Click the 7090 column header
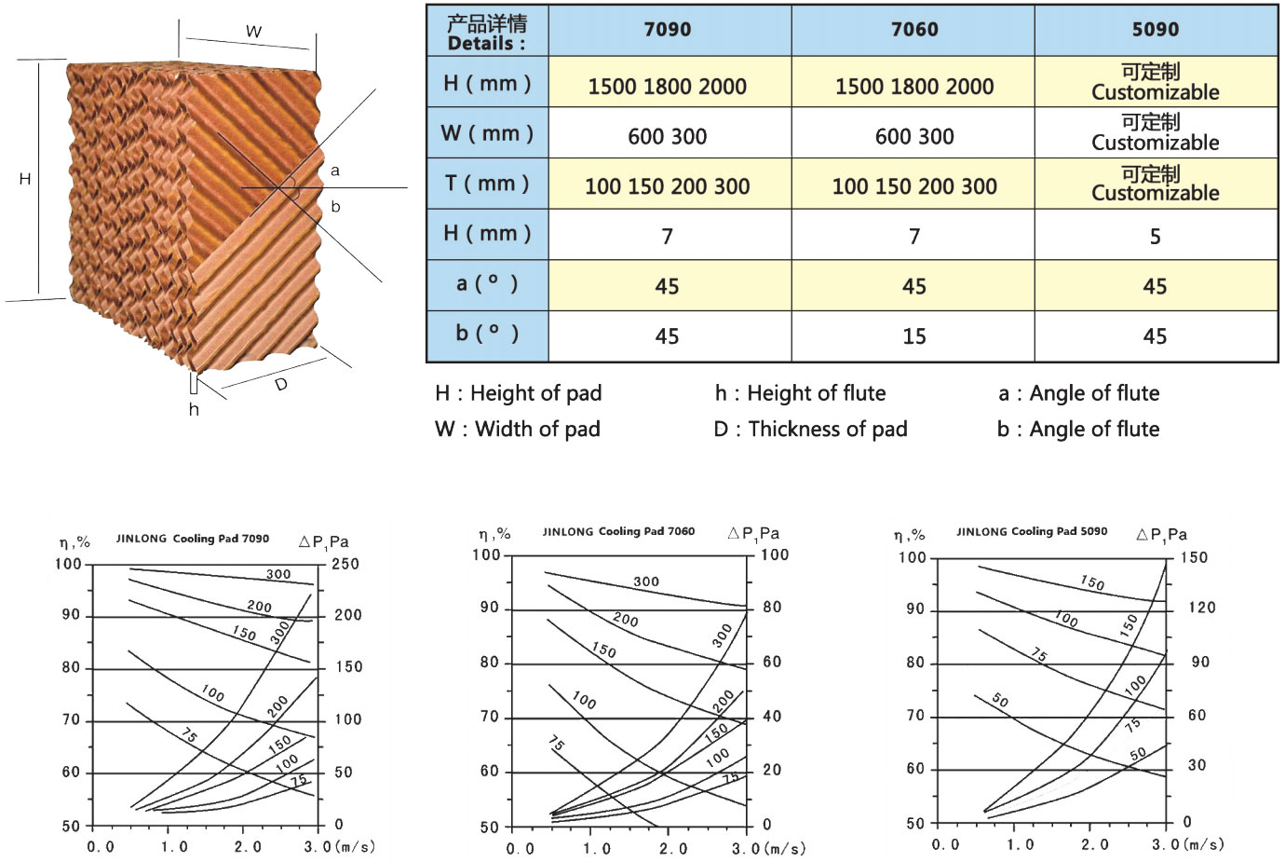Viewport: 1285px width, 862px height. coord(668,30)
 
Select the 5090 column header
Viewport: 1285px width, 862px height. coord(1155,30)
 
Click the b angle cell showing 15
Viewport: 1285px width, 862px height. coord(913,336)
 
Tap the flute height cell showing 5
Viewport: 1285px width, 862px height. coord(1155,237)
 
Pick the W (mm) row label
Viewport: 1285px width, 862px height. coord(487,133)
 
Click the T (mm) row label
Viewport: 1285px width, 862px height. coord(487,184)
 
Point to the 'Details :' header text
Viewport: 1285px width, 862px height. coord(486,43)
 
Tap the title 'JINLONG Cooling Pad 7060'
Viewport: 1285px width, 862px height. coord(618,531)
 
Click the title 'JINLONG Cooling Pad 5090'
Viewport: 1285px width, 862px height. coord(1032,531)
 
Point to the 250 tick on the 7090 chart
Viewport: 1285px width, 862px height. coord(345,564)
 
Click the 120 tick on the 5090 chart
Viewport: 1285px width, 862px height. coord(1201,608)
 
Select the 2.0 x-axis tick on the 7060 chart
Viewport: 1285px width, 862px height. coord(673,849)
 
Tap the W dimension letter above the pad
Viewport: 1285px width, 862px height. coord(253,32)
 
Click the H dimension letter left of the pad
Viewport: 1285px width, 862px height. coord(25,179)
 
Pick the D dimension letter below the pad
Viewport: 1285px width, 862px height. coord(281,384)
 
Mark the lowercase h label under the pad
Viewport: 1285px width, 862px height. coord(194,409)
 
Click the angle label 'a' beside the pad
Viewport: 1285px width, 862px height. coord(335,171)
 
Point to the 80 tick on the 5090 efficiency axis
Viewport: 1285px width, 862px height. coord(915,663)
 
